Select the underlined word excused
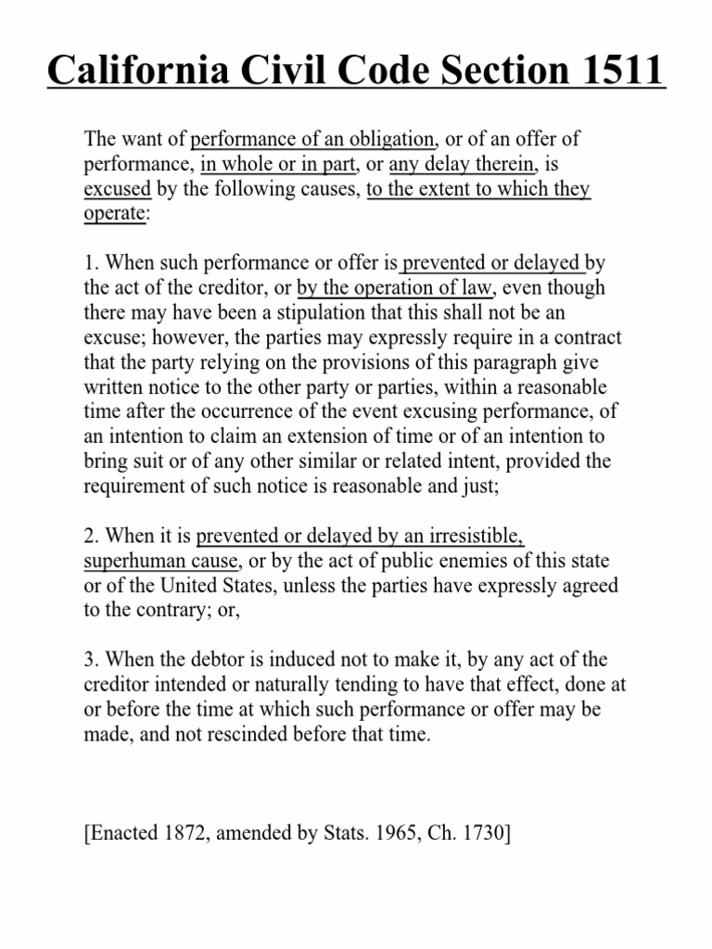click(118, 190)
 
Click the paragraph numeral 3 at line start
click(89, 659)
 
